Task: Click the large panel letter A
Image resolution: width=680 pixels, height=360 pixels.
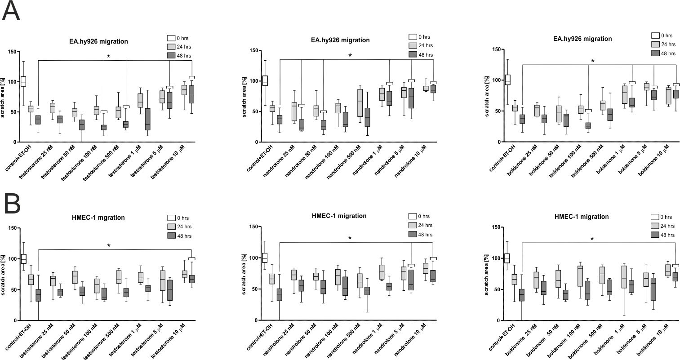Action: [11, 11]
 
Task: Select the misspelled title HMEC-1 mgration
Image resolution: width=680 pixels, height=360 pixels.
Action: [98, 218]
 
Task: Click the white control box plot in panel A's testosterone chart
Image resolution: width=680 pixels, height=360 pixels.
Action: [23, 81]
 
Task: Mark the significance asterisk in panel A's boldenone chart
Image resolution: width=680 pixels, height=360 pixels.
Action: [592, 61]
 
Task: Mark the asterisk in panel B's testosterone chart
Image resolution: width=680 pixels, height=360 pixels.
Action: [109, 246]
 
